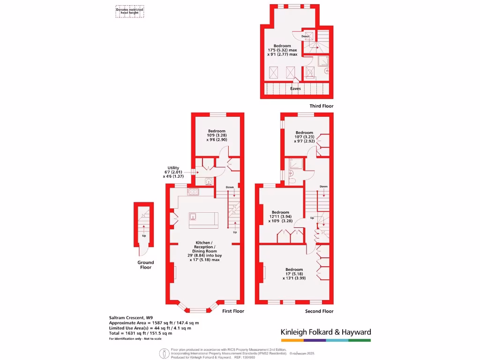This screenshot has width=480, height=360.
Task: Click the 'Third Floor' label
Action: [321, 106]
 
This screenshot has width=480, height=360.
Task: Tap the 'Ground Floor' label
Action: [145, 265]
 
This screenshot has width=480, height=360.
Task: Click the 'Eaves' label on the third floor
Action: [295, 89]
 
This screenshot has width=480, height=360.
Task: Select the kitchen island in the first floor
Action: [203, 219]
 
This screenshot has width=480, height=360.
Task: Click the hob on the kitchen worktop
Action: [193, 191]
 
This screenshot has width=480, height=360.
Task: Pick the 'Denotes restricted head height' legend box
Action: [130, 11]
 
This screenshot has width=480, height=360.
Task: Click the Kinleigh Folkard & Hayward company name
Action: [326, 332]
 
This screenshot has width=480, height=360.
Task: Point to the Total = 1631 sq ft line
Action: [140, 333]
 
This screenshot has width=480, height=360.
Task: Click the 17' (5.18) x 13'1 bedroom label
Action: [294, 274]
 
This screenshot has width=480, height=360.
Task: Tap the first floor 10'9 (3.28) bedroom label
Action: [217, 135]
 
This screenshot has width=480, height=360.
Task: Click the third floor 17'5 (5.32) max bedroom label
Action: [282, 50]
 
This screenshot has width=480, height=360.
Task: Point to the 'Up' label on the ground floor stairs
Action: [143, 235]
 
